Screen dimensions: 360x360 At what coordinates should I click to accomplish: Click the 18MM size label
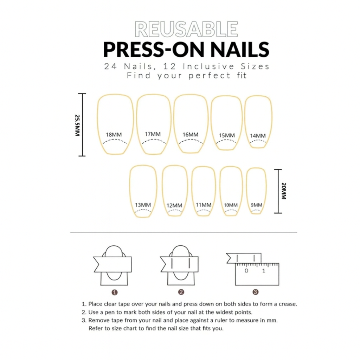tap(114, 135)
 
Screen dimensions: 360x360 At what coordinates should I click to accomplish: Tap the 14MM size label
tap(258, 136)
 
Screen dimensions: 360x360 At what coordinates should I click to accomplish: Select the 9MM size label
tap(256, 205)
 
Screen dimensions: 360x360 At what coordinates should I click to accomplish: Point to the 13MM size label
tap(143, 205)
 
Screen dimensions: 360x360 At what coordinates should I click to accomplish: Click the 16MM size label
tap(190, 135)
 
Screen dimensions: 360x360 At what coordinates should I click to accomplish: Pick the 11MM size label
tap(204, 205)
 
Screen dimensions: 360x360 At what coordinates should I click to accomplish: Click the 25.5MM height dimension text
tap(78, 125)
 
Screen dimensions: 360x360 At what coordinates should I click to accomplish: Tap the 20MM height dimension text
tap(284, 191)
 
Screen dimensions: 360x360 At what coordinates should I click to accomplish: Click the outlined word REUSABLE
tap(186, 29)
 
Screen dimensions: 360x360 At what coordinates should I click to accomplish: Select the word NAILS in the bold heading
tap(240, 50)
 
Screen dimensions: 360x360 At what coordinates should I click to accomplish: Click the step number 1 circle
tap(115, 292)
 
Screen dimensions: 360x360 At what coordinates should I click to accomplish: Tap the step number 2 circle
tap(181, 292)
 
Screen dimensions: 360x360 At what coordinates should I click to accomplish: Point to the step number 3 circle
tap(256, 292)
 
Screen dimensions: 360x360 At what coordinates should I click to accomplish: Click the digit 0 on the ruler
tap(246, 271)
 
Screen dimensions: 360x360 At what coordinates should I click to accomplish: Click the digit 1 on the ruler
tap(264, 271)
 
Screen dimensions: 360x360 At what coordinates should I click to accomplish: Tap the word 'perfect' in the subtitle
tap(209, 76)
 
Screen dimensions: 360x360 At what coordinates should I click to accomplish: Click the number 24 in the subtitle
tap(110, 66)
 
